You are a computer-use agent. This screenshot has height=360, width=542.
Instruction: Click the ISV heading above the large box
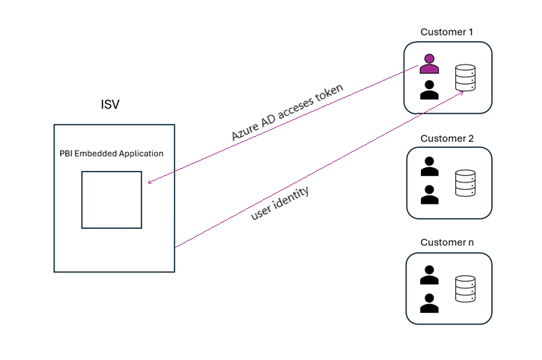tap(109, 105)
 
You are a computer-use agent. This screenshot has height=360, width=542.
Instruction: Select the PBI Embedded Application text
tap(112, 154)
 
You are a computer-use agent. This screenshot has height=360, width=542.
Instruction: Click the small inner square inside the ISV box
tap(112, 199)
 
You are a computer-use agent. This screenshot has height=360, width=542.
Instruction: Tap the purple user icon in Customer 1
tap(430, 64)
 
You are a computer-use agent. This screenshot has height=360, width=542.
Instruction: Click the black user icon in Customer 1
tap(430, 90)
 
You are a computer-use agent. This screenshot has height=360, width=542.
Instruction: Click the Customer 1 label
tap(447, 32)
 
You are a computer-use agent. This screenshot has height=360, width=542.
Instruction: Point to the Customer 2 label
tap(447, 138)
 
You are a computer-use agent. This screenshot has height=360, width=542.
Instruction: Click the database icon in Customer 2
tap(465, 183)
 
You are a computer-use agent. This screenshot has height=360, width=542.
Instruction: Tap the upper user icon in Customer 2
tap(430, 167)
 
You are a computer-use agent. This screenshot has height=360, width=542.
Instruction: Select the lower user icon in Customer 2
tap(430, 194)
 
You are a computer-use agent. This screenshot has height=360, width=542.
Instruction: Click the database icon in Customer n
tap(465, 289)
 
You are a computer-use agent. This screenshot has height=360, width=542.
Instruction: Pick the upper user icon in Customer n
tap(430, 275)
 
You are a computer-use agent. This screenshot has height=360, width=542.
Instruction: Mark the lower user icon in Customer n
tap(430, 302)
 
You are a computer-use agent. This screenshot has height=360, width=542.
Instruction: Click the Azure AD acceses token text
tap(287, 112)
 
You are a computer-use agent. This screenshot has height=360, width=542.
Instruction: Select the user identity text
tap(280, 203)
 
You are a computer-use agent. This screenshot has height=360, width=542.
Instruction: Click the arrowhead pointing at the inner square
tap(149, 183)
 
